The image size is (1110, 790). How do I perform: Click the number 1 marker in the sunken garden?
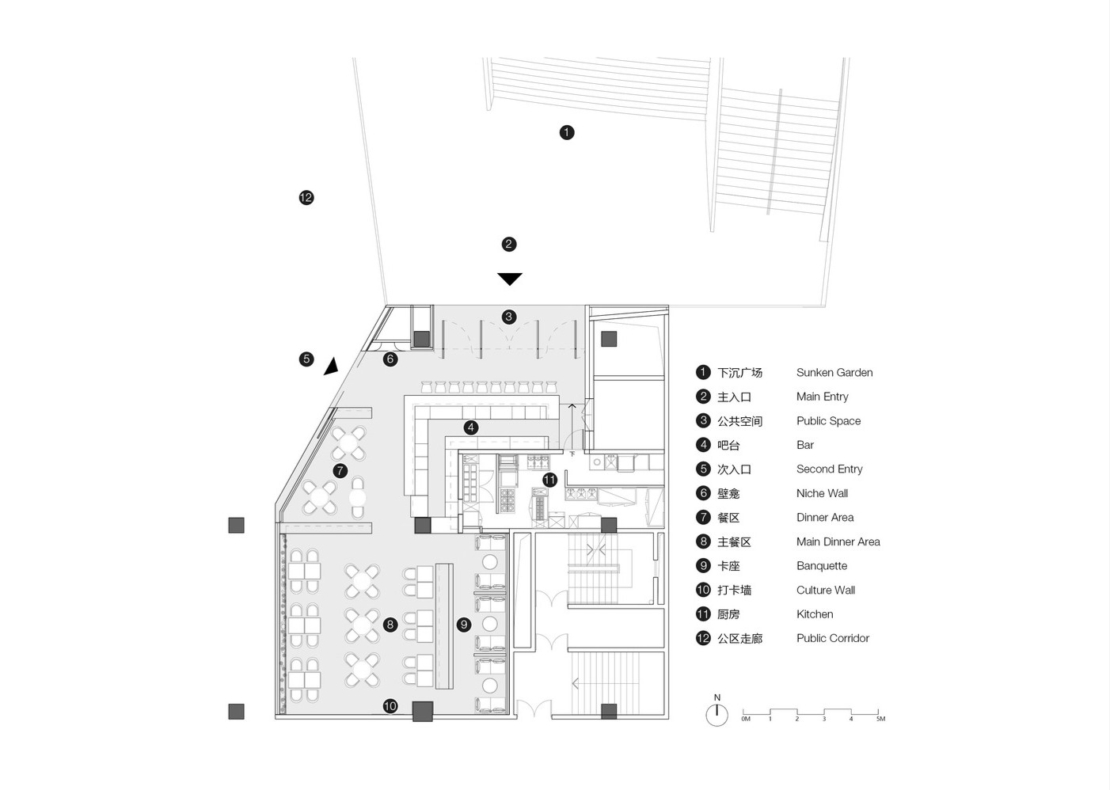[x=567, y=132]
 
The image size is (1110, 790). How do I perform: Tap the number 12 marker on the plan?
[x=306, y=198]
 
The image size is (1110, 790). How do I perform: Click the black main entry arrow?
[x=509, y=279]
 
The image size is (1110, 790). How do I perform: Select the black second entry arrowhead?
[x=332, y=367]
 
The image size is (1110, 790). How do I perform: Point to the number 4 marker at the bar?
[x=471, y=427]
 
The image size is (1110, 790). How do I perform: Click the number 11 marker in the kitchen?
[x=549, y=480]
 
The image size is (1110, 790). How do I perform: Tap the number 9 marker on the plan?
[x=464, y=624]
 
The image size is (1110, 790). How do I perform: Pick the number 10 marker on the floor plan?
[x=390, y=706]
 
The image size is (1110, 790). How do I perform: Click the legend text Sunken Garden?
[x=834, y=373]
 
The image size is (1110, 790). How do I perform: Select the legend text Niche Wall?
[x=822, y=493]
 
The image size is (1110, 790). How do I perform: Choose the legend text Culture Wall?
[x=826, y=590]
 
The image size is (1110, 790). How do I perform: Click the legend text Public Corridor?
[x=833, y=638]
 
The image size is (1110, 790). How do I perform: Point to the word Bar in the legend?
[x=805, y=445]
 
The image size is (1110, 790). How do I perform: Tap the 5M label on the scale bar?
[x=880, y=719]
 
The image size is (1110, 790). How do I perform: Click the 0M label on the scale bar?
[x=746, y=719]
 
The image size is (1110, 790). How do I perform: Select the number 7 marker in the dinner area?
[x=340, y=470]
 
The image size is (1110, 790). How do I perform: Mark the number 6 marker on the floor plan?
[x=390, y=359]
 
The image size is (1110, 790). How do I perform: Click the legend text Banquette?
[x=822, y=566]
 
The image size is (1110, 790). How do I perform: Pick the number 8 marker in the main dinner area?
[x=390, y=625]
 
